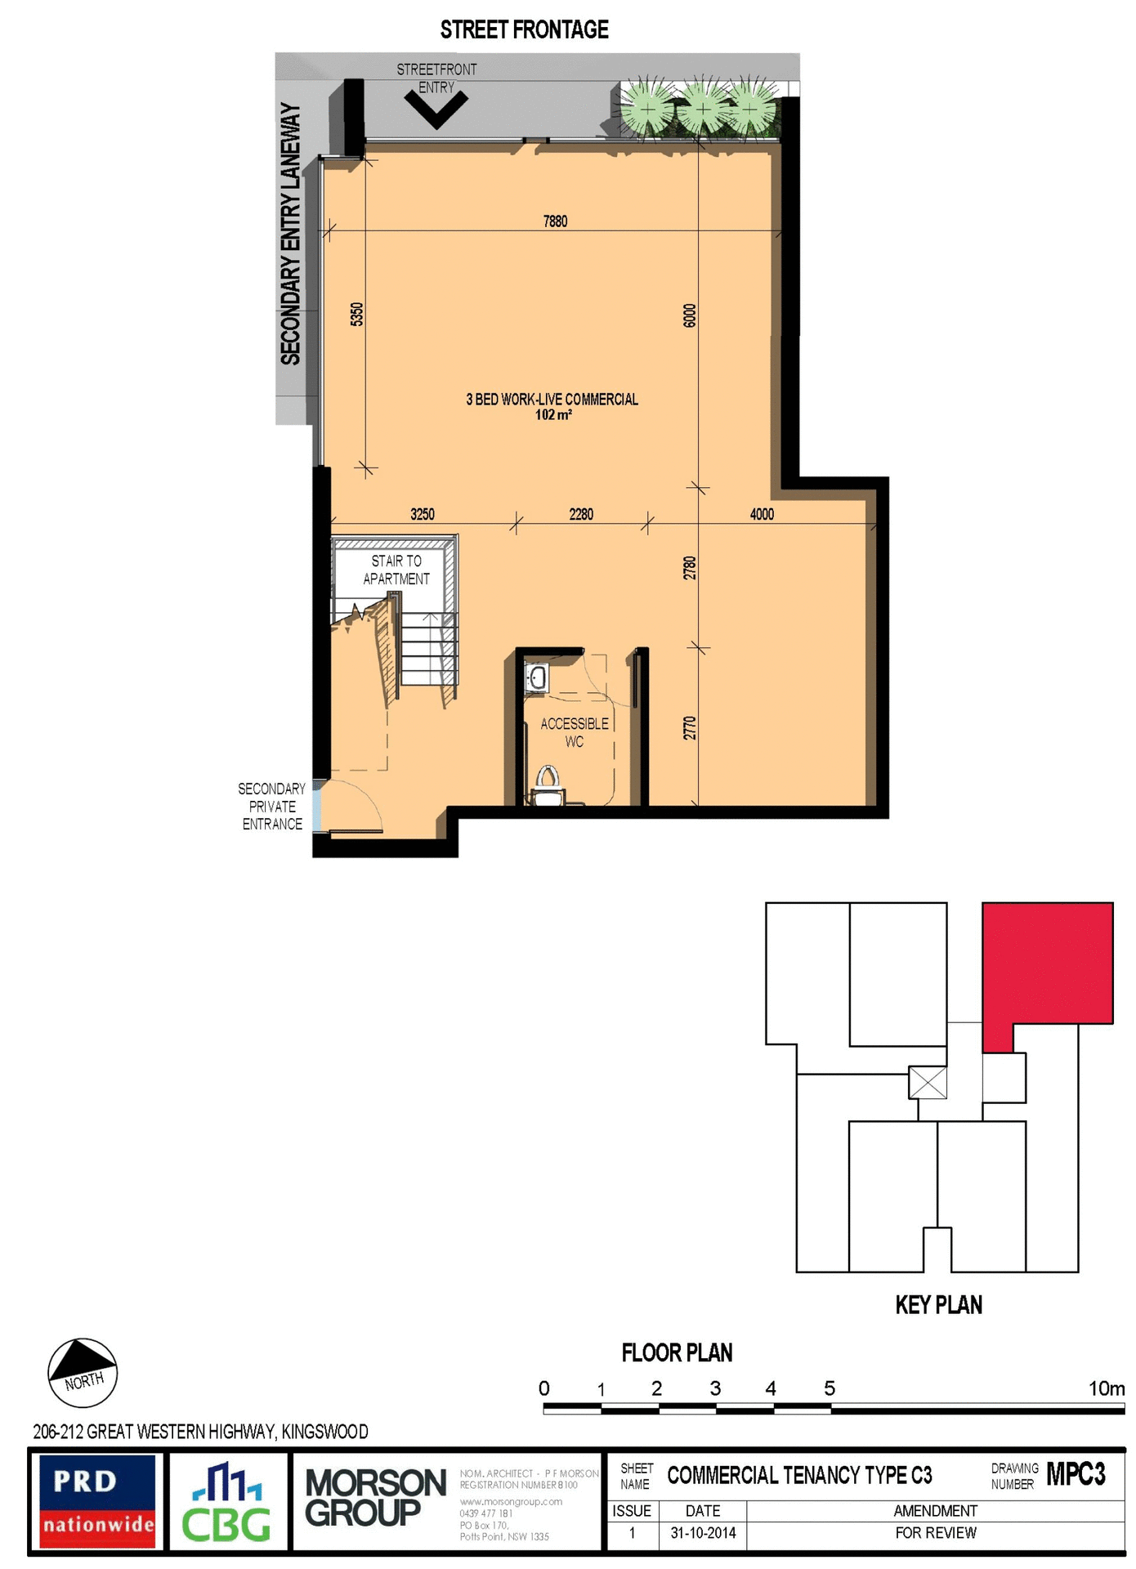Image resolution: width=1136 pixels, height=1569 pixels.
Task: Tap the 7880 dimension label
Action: [x=555, y=221]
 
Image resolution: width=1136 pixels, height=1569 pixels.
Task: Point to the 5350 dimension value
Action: [x=356, y=314]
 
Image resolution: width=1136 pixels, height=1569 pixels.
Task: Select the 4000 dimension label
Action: [x=761, y=514]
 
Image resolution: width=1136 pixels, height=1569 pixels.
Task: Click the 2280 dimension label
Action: [x=581, y=514]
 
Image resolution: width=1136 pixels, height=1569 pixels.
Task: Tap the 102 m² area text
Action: [x=553, y=415]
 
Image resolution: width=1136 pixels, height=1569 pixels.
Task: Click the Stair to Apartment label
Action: [x=396, y=570]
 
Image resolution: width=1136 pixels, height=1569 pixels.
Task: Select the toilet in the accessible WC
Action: [x=547, y=784]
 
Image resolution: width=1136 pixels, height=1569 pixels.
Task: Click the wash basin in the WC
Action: [x=537, y=677]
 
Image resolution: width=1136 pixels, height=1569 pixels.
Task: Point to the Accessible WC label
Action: [x=575, y=732]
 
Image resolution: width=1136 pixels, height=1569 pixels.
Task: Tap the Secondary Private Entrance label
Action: [x=271, y=806]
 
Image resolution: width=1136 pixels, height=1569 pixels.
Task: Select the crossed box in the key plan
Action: [x=928, y=1082]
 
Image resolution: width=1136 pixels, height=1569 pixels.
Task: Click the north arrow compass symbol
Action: [x=83, y=1372]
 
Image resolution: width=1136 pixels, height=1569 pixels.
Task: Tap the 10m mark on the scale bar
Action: [x=1106, y=1388]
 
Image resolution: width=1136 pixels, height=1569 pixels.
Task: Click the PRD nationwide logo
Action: [x=97, y=1501]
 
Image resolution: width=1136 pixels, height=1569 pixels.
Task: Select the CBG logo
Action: [x=226, y=1502]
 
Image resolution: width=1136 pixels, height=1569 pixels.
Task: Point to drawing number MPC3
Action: [x=1076, y=1474]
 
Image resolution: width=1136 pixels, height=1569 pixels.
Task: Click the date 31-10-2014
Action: [x=703, y=1533]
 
